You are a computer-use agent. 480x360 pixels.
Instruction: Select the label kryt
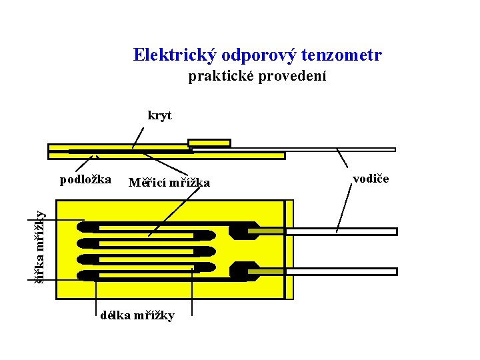159,115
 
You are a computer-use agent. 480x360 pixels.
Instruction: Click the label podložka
85,179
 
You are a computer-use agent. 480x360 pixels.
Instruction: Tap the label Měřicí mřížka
169,183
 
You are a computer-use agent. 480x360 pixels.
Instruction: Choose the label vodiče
371,179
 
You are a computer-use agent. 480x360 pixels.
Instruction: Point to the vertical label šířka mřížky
39,247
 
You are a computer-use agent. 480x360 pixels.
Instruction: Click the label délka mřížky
137,315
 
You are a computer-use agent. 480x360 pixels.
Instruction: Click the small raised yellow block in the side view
209,143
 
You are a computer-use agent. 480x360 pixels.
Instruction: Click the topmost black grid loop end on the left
87,227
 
